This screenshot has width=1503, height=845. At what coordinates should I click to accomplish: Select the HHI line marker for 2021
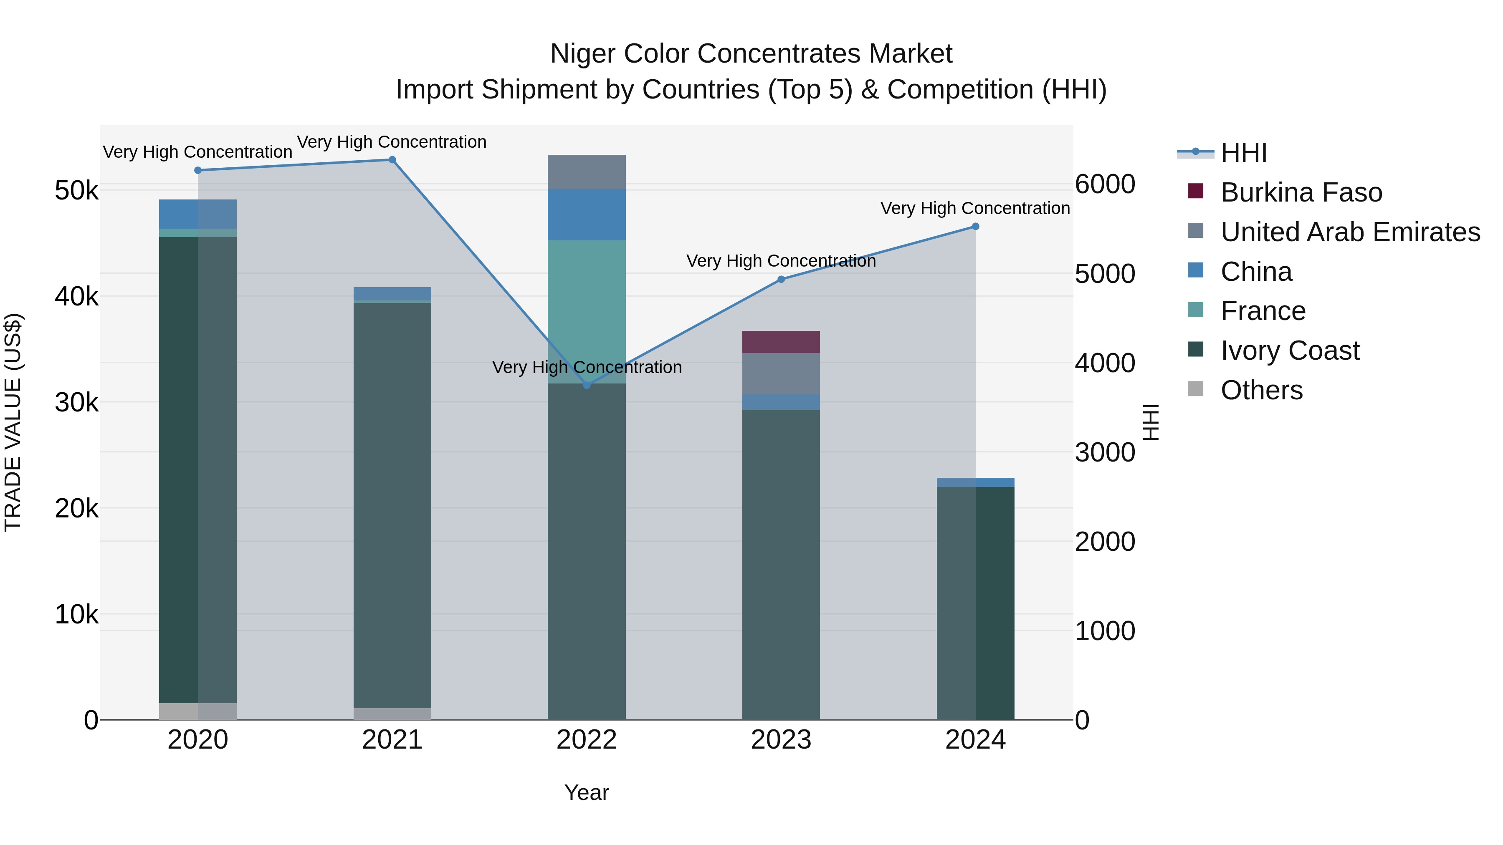(392, 160)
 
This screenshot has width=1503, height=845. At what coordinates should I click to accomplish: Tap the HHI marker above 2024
(976, 226)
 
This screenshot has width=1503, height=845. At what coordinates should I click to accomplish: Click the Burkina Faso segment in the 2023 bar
(781, 342)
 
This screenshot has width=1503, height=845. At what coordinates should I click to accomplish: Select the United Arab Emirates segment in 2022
(587, 172)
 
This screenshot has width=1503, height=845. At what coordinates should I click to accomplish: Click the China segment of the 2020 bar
(198, 214)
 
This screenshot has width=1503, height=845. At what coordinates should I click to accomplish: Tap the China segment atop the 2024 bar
(976, 482)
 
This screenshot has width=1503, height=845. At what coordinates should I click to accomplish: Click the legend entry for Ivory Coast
(1290, 351)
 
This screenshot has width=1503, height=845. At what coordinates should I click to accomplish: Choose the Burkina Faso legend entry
(1301, 192)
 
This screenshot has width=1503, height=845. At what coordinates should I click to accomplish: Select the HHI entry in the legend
(1243, 153)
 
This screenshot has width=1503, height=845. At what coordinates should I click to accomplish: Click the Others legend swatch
(1196, 390)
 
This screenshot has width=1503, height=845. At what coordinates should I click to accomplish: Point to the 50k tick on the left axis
(76, 191)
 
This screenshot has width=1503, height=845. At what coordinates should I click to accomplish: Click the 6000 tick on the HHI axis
(1104, 184)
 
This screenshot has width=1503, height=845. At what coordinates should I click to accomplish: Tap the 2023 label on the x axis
(781, 740)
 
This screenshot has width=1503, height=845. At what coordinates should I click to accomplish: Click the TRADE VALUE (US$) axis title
(13, 422)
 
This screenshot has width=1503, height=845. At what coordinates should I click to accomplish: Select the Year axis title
(587, 792)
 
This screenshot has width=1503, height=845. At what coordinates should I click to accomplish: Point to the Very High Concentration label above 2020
(198, 152)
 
